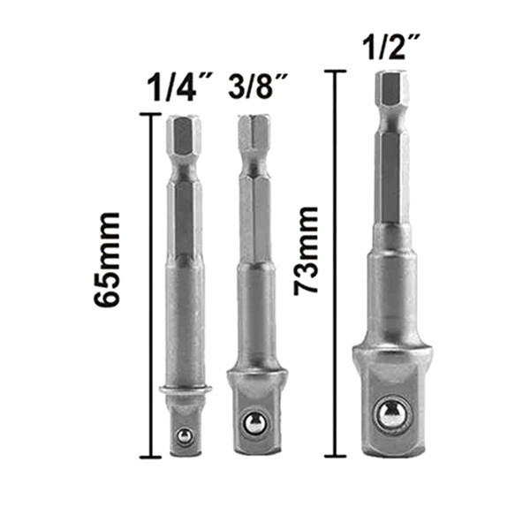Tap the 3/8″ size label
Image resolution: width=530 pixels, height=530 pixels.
click(x=258, y=87)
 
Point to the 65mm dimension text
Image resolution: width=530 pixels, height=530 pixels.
click(x=107, y=260)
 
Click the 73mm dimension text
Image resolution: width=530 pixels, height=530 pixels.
click(x=306, y=251)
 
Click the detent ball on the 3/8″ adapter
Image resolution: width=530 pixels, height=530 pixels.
click(x=254, y=423)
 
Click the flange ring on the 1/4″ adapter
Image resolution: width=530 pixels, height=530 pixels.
click(x=185, y=389)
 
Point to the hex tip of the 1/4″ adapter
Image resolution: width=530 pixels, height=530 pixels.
click(x=184, y=135)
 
